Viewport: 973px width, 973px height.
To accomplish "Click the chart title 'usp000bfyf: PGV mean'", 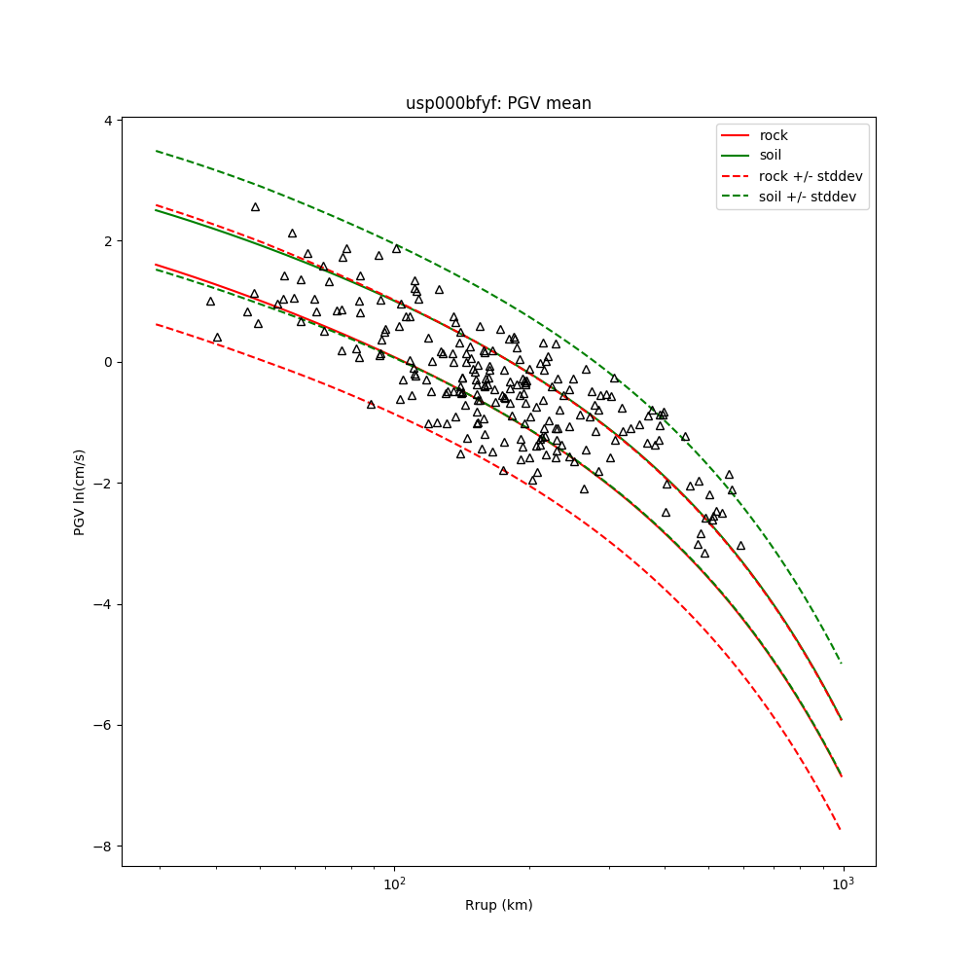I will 498,103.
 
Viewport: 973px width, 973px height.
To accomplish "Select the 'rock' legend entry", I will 774,135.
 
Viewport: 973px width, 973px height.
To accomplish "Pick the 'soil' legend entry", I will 771,155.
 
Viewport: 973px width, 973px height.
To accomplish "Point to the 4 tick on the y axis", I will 110,121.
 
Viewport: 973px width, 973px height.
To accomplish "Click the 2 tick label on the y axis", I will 110,241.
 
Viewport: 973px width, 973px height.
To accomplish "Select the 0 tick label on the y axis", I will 110,362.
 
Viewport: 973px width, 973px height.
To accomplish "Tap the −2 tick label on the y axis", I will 106,484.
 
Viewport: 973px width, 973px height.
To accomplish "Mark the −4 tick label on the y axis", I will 106,604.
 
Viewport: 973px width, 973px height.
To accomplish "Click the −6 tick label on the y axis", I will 106,725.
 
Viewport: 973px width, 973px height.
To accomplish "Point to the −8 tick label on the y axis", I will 106,847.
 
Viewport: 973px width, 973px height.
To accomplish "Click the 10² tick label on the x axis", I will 394,883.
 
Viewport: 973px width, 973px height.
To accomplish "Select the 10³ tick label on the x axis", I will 843,883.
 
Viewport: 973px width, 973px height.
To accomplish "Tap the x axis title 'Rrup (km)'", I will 498,905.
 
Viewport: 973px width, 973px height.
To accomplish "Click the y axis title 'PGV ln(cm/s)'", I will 80,492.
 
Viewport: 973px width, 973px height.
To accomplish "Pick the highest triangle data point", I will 255,207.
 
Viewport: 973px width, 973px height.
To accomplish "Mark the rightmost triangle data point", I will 740,546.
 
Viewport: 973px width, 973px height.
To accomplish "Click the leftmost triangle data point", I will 210,302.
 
